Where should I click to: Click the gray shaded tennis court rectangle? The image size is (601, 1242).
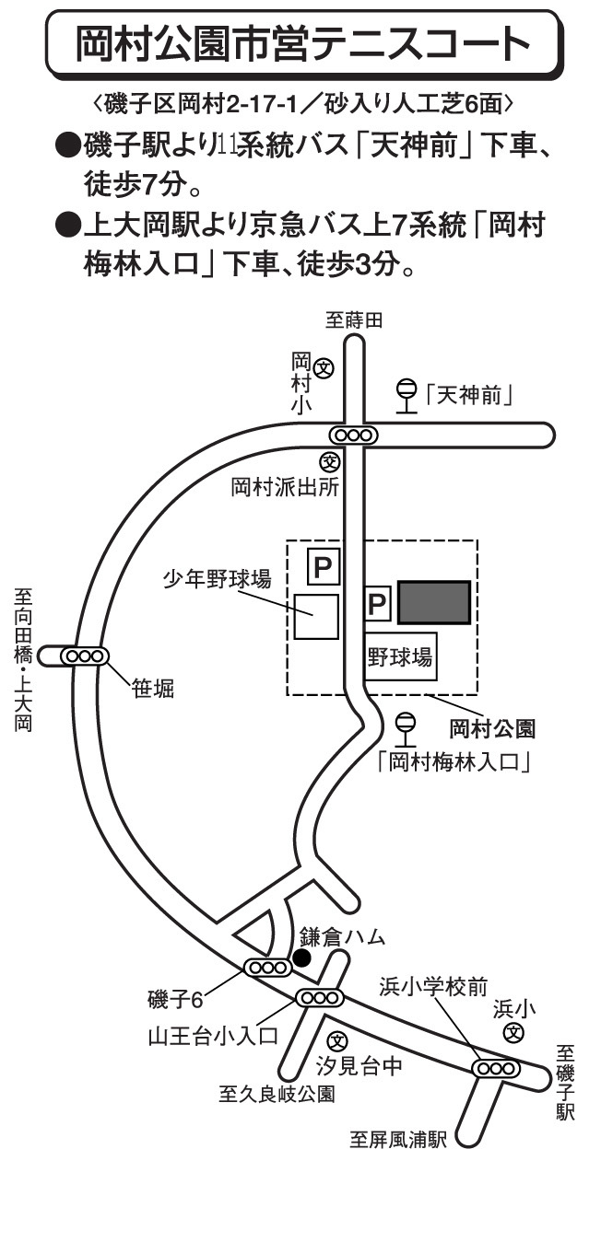pos(434,602)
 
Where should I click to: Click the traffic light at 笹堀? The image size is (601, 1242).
pos(84,656)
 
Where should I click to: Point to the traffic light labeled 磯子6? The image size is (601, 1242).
pos(267,967)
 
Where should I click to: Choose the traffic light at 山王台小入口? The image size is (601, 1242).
pos(319,997)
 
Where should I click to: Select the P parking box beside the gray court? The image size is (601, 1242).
pos(378,603)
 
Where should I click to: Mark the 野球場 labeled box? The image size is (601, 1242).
pos(400,656)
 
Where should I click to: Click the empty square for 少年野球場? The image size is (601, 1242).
pos(316,616)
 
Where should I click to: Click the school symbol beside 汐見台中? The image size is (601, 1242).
pos(338,1041)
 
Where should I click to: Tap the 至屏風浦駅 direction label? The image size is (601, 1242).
pos(398,1139)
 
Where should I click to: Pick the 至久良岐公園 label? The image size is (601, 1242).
pos(277,1095)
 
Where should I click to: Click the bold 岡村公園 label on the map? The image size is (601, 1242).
pos(492,730)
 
